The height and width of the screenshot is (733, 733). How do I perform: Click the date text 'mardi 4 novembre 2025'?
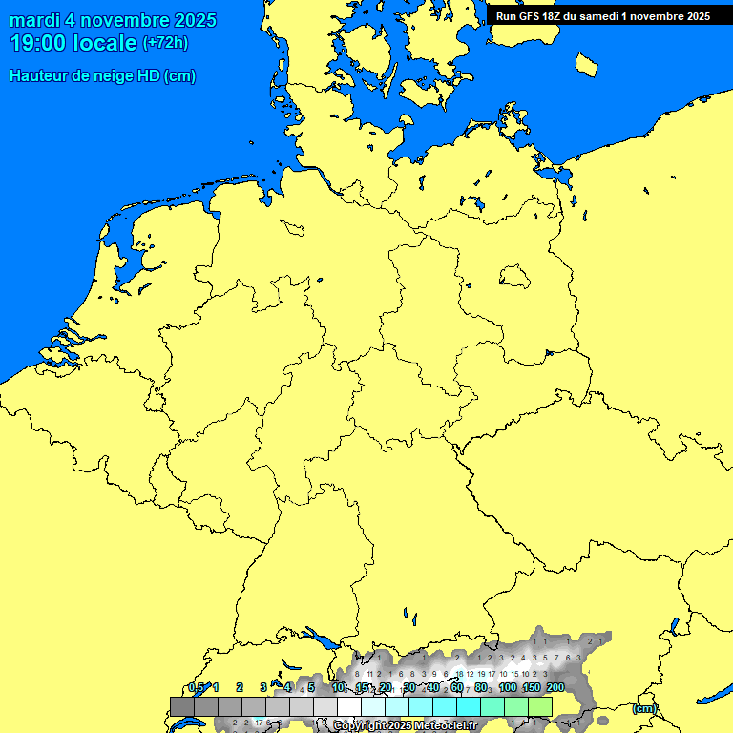(113, 21)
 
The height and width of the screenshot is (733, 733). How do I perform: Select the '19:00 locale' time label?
(73, 43)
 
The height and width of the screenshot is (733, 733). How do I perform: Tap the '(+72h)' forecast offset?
(164, 43)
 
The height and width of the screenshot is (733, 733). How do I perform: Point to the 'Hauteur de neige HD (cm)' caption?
(102, 76)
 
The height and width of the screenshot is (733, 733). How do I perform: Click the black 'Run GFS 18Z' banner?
(603, 15)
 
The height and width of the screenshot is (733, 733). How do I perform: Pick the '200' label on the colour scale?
(555, 688)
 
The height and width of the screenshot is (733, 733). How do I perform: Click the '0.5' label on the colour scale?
(196, 688)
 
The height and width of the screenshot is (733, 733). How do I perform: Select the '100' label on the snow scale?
(508, 688)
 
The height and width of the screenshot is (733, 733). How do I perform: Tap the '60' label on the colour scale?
(456, 688)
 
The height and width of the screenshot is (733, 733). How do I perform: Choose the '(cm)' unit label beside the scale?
(644, 708)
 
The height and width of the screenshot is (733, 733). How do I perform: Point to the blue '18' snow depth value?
(459, 674)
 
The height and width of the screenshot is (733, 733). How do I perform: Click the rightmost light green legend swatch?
(540, 706)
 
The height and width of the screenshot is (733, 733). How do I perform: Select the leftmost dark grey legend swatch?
(181, 706)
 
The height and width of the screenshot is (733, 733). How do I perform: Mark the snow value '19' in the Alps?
(480, 674)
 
